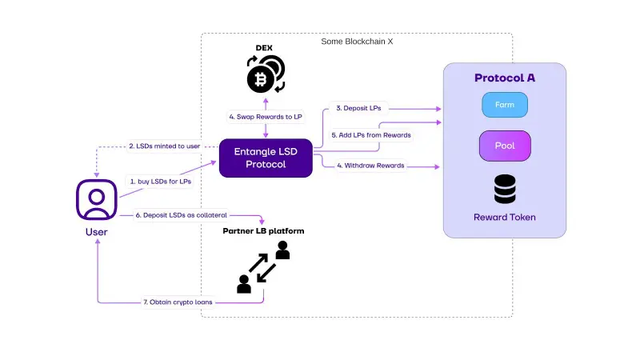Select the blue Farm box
pyautogui.click(x=505, y=104)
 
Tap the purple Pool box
pyautogui.click(x=505, y=146)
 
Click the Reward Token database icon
pyautogui.click(x=505, y=190)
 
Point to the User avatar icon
pyautogui.click(x=98, y=199)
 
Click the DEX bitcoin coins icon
pyautogui.click(x=264, y=74)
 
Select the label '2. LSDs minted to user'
pyautogui.click(x=165, y=146)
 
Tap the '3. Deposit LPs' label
pyautogui.click(x=357, y=108)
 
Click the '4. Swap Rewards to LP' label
pyautogui.click(x=265, y=117)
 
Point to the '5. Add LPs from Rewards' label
pyautogui.click(x=371, y=135)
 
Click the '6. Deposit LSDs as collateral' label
pyautogui.click(x=181, y=214)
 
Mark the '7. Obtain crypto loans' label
pyautogui.click(x=172, y=302)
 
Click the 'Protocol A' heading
pyautogui.click(x=505, y=78)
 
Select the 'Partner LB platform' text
pyautogui.click(x=263, y=231)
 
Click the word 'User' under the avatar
pyautogui.click(x=96, y=232)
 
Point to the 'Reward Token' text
pyautogui.click(x=504, y=217)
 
